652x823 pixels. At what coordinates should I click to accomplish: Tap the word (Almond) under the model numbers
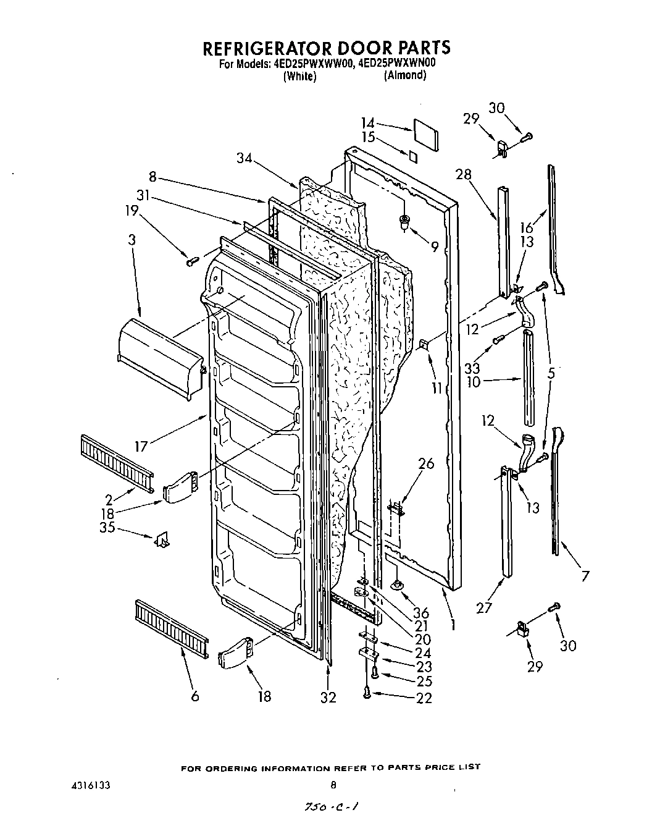[404, 75]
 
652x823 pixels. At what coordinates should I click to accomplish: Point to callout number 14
[368, 123]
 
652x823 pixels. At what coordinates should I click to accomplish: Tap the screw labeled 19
[190, 262]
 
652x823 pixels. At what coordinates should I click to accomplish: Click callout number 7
[583, 576]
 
